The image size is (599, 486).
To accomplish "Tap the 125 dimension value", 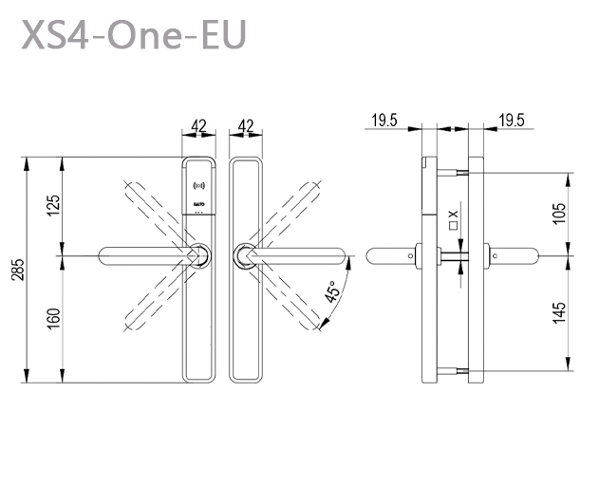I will tap(53, 206).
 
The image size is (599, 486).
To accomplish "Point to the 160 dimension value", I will tap(53, 319).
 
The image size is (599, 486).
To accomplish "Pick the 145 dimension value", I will tap(559, 311).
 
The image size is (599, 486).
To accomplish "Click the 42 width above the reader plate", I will tap(198, 125).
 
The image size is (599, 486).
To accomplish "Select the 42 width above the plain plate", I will tap(245, 125).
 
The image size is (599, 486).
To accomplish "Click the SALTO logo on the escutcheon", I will tap(198, 203).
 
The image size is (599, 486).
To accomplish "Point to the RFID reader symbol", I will tap(198, 182).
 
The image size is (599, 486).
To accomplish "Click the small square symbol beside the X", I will tap(455, 227).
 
